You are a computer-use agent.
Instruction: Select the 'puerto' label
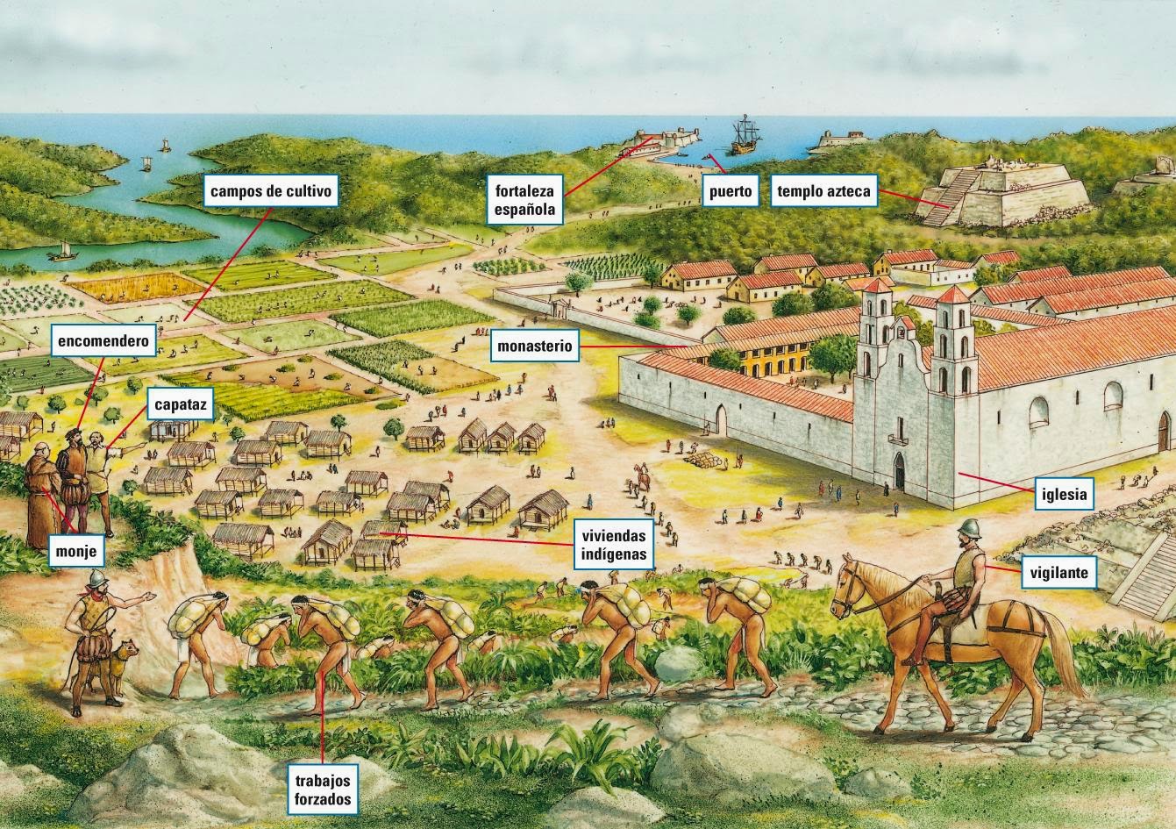coord(731,189)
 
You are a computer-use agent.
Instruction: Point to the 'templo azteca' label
coord(823,189)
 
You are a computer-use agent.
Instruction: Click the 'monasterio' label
coord(534,346)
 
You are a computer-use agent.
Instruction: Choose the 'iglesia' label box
coord(1065,494)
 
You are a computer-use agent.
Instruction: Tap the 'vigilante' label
coord(1059,574)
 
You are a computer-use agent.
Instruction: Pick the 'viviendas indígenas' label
coord(614,544)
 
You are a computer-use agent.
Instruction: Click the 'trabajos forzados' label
coord(324,789)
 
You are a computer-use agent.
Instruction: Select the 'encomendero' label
coord(104,341)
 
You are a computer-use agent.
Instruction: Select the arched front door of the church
coord(900,472)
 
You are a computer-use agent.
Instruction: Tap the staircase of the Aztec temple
coord(952,195)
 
